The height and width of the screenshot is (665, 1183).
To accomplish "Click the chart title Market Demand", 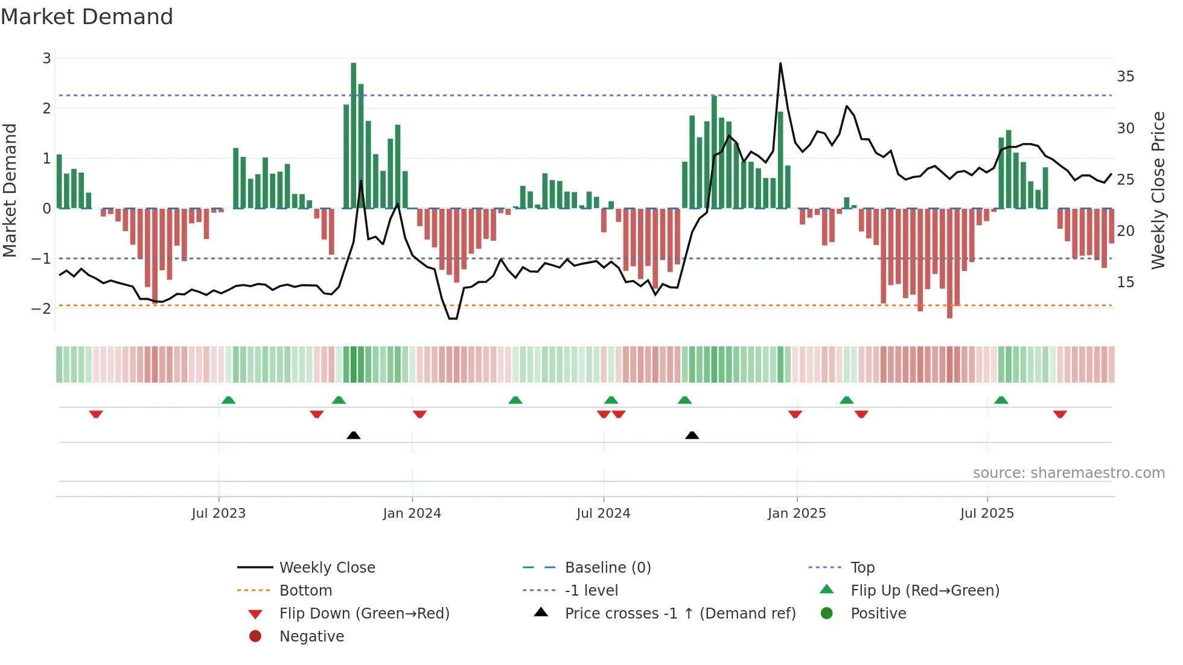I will tap(87, 17).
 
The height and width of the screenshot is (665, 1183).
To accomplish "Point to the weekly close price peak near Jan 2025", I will tap(780, 63).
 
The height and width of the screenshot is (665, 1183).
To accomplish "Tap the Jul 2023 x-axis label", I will tap(218, 514).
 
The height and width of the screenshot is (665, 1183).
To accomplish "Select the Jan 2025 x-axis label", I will tap(797, 514).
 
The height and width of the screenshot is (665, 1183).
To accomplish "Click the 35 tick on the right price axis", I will tap(1125, 77).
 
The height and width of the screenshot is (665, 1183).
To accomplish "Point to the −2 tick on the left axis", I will tap(42, 308).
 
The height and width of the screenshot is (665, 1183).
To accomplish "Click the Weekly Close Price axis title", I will tap(1158, 190).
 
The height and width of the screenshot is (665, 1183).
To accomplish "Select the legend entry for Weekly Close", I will tap(327, 568).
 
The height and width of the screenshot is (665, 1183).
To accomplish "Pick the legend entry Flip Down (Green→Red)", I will tap(364, 614).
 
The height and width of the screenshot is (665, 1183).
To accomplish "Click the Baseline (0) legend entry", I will tap(607, 568).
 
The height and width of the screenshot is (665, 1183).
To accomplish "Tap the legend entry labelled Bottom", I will tap(305, 591).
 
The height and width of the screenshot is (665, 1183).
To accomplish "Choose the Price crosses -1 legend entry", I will tap(680, 614).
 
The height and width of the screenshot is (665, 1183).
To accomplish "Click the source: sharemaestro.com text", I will tap(1068, 473).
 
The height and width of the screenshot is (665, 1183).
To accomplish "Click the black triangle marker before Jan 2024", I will tap(354, 435).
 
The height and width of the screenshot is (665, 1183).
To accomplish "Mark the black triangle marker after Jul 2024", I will tap(692, 435).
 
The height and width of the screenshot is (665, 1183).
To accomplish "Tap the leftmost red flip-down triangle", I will tap(96, 414).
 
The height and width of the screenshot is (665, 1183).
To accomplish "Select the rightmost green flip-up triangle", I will tap(1001, 400).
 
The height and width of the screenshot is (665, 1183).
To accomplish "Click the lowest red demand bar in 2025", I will tap(949, 262).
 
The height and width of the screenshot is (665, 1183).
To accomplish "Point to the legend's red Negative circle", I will tap(255, 637).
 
